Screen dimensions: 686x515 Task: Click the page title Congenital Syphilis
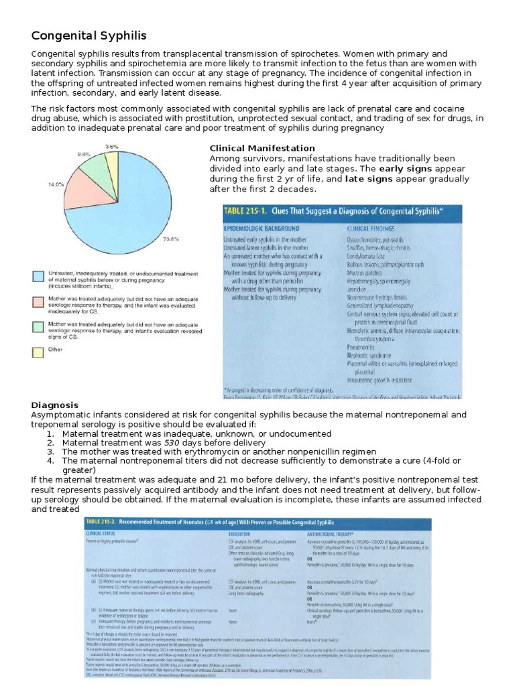click(x=89, y=35)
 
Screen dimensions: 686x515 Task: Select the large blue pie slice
click(x=141, y=201)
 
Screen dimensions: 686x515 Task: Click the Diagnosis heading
click(x=55, y=405)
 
